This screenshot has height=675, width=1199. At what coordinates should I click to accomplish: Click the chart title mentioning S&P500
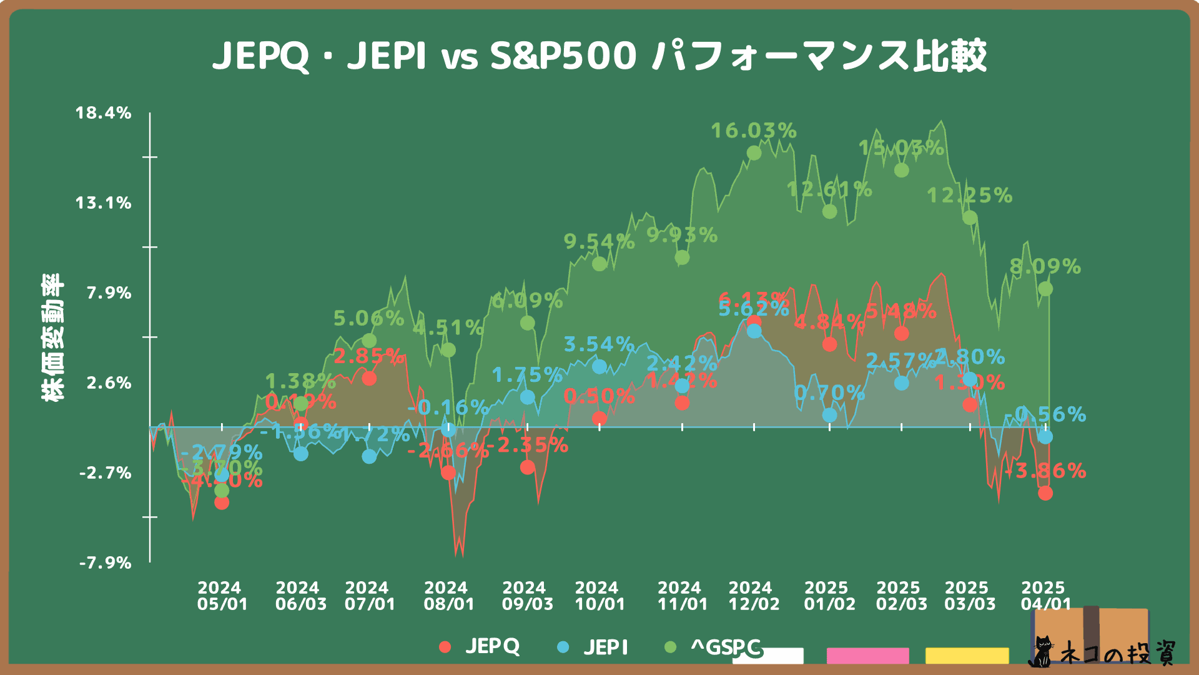[x=599, y=56]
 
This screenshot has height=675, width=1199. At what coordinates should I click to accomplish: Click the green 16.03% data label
[x=754, y=131]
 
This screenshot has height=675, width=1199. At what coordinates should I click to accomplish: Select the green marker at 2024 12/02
[x=754, y=153]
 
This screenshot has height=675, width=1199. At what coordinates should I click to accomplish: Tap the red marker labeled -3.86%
[x=1045, y=493]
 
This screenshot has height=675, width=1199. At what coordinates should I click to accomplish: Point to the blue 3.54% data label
[x=598, y=344]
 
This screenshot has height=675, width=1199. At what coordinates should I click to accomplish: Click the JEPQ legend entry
[x=480, y=646]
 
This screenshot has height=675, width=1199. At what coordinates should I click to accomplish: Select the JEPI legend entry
[x=593, y=647]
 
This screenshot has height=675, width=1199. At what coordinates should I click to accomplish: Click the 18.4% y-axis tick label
[x=104, y=113]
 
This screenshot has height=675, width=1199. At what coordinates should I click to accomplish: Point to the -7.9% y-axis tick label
[x=105, y=562]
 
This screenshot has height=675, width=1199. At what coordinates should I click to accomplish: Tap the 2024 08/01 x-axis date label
[x=448, y=596]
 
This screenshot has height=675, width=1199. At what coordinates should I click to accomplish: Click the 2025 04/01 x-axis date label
[x=1045, y=596]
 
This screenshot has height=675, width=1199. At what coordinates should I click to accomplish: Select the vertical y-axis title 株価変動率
[x=52, y=337]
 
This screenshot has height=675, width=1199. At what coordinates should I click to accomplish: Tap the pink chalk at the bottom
[x=867, y=656]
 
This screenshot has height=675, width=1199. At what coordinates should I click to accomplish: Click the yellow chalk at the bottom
[x=967, y=656]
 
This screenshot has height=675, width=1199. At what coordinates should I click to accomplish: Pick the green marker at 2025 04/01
[x=1045, y=289]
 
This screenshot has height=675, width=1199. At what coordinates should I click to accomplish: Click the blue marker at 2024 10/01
[x=599, y=367]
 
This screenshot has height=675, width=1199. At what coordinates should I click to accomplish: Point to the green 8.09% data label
[x=1045, y=267]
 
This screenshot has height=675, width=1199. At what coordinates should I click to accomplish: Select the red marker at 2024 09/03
[x=527, y=467]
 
